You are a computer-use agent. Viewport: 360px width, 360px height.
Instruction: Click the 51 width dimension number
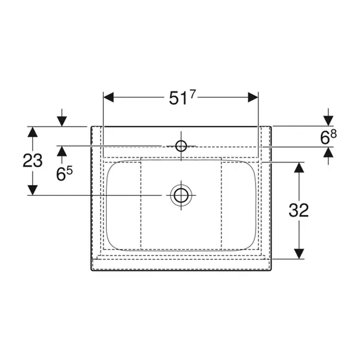point(178,99)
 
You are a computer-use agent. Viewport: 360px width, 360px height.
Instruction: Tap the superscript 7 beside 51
point(192,94)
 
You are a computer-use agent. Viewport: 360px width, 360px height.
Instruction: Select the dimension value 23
point(33,161)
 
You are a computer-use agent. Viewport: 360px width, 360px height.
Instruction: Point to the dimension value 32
point(299,210)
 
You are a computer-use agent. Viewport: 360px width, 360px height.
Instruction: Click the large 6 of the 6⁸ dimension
point(325,138)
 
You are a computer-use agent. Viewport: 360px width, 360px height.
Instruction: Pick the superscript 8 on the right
point(334,134)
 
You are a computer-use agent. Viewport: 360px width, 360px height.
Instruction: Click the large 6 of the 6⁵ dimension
point(61,174)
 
